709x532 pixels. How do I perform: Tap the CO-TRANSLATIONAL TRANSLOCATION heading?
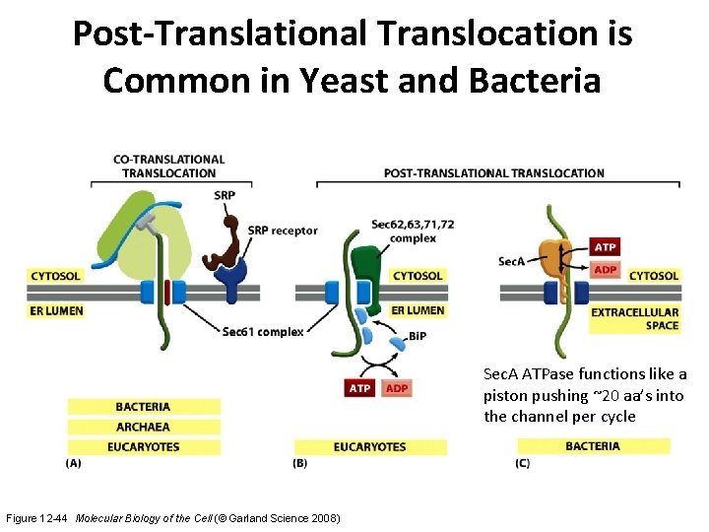(x=168, y=166)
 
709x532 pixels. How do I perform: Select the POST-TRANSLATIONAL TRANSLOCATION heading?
(x=494, y=173)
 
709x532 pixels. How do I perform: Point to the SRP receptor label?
(x=283, y=231)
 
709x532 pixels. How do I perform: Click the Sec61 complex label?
(x=263, y=331)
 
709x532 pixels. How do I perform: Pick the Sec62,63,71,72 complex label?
(x=413, y=231)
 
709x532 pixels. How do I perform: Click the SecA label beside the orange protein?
(x=511, y=261)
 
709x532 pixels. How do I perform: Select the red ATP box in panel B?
(x=360, y=388)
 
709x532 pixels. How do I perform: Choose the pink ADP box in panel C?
(x=606, y=270)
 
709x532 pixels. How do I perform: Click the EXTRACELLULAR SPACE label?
(x=634, y=318)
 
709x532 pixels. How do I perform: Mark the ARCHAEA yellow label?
(x=143, y=427)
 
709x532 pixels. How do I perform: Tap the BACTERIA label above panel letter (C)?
(x=593, y=446)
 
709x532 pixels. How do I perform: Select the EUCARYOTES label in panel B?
(x=369, y=446)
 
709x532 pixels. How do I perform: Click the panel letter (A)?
(x=74, y=462)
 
